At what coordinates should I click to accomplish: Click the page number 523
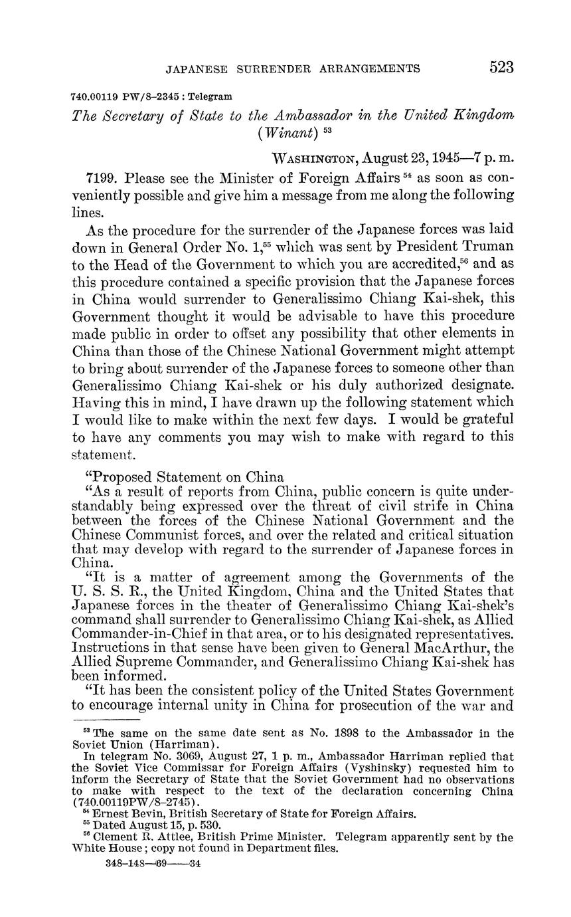[x=501, y=67]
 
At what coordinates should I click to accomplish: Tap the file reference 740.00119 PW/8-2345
[x=125, y=96]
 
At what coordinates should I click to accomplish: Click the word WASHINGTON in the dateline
[x=315, y=159]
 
